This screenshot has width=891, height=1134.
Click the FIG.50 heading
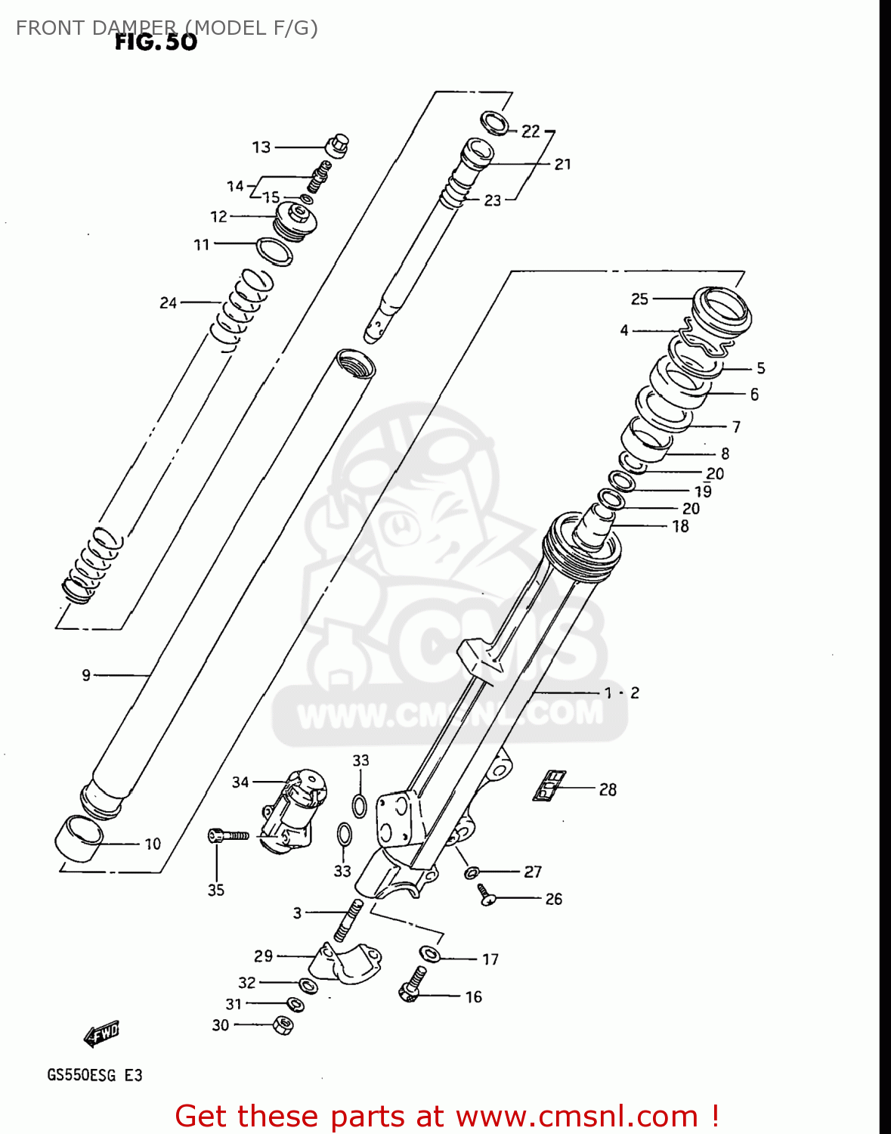[156, 42]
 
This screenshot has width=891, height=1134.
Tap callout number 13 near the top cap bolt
[261, 147]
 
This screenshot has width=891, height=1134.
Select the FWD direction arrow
[101, 1033]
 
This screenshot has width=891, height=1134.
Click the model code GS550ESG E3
[94, 1075]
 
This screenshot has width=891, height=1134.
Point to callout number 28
[608, 789]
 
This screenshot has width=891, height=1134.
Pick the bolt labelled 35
[227, 835]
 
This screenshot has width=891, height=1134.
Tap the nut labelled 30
[283, 1025]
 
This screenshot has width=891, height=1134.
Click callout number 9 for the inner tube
[86, 674]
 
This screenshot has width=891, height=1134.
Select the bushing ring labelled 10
[79, 837]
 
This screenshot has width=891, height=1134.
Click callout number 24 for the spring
[168, 302]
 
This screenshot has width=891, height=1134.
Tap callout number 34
[240, 782]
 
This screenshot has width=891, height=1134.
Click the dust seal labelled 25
[722, 308]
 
